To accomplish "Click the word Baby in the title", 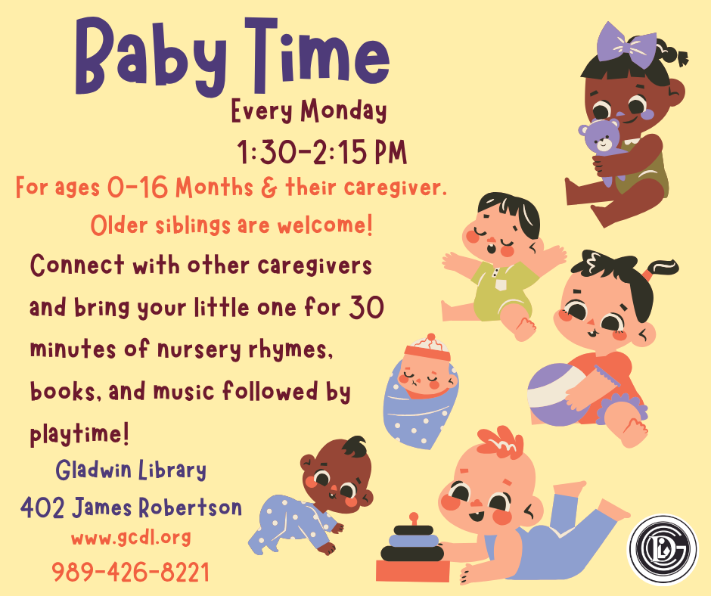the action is pyautogui.click(x=151, y=56).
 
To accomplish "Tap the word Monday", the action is pyautogui.click(x=344, y=111).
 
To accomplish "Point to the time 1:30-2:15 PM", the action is pyautogui.click(x=322, y=152).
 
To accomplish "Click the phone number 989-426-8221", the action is pyautogui.click(x=131, y=572).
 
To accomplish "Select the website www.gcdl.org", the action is pyautogui.click(x=131, y=538).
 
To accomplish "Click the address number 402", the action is pyautogui.click(x=42, y=508).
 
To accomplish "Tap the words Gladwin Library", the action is pyautogui.click(x=131, y=470).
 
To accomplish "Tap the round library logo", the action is pyautogui.click(x=663, y=549).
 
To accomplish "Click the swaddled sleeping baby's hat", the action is pyautogui.click(x=427, y=348).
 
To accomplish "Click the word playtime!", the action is pyautogui.click(x=80, y=433).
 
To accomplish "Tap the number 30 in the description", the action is pyautogui.click(x=366, y=307).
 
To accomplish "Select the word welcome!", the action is pyautogui.click(x=325, y=225).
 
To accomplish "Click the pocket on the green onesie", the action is pyautogui.click(x=501, y=285).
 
